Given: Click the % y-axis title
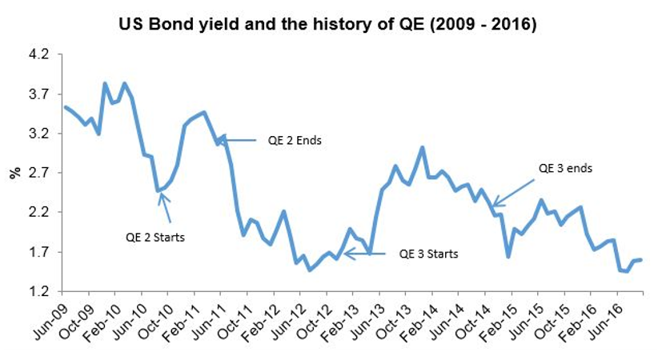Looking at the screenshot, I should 14,173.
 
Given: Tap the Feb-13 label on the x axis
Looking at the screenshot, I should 341,317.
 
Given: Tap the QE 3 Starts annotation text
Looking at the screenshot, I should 428,254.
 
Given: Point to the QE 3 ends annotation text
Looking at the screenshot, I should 564,169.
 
